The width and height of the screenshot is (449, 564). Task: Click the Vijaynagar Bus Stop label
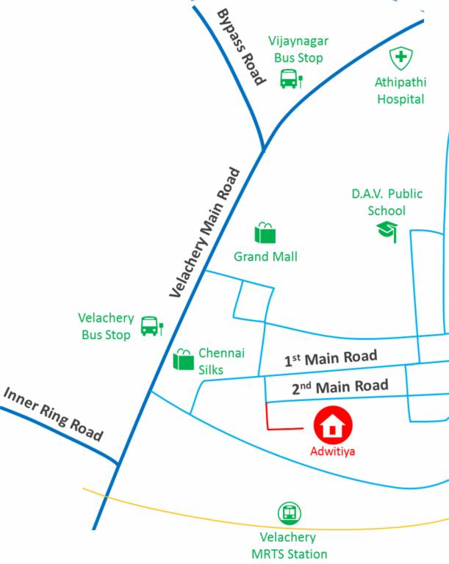298,49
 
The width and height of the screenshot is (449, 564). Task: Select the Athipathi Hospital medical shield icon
401,58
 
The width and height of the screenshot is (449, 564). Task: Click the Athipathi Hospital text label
401,91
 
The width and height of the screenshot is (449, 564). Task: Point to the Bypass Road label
241,48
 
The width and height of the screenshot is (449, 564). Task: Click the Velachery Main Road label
205,233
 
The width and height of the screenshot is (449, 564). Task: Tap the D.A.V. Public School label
387,202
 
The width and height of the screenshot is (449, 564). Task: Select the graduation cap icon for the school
387,231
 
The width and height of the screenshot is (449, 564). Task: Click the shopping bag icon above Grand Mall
265,233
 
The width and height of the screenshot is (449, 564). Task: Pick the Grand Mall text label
265,257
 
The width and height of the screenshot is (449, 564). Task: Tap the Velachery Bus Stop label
107,326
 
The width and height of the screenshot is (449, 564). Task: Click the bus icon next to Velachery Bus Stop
151,325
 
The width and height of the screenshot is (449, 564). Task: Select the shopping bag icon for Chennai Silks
183,359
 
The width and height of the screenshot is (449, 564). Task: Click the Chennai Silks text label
221,361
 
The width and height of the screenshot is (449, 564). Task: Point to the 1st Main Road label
331,358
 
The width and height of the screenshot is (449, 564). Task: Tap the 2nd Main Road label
340,386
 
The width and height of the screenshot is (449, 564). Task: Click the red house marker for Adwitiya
334,425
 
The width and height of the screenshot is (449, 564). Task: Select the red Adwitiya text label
333,451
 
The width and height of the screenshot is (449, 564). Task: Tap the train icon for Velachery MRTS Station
290,513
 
